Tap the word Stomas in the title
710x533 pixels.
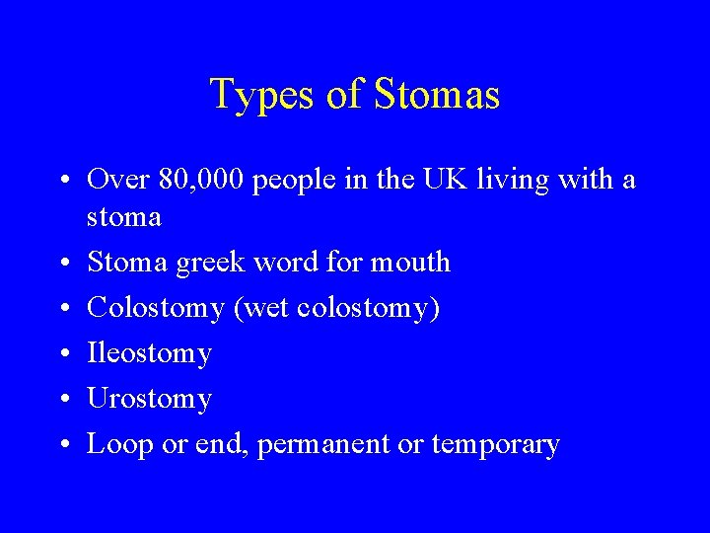[x=436, y=96]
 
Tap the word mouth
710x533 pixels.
[x=411, y=263]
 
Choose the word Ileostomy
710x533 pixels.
[x=150, y=353]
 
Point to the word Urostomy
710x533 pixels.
[x=150, y=400]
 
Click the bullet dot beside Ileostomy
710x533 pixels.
[x=62, y=354]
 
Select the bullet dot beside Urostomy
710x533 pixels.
[x=62, y=400]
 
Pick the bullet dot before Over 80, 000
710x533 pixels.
[x=62, y=181]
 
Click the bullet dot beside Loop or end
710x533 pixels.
[x=62, y=445]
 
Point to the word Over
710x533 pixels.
[x=117, y=181]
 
